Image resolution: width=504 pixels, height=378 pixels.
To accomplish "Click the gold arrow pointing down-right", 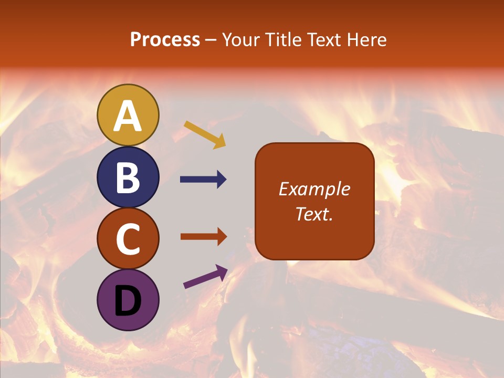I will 205,134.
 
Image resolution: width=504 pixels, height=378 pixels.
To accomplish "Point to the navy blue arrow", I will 203,180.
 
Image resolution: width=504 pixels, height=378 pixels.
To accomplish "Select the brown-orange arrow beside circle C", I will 203,236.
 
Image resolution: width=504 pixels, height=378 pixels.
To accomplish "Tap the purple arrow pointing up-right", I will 205,277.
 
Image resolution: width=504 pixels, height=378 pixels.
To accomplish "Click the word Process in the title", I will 165,40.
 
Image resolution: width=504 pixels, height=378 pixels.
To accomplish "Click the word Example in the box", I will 314,189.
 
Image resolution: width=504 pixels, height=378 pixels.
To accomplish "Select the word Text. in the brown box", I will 314,214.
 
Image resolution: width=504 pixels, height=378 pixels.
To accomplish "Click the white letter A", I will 128,117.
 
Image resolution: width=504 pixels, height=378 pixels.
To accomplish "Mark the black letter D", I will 128,301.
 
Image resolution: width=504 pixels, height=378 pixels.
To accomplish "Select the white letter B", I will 128,178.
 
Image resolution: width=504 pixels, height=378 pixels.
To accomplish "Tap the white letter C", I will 128,239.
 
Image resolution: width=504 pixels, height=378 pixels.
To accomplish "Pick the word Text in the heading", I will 324,40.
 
